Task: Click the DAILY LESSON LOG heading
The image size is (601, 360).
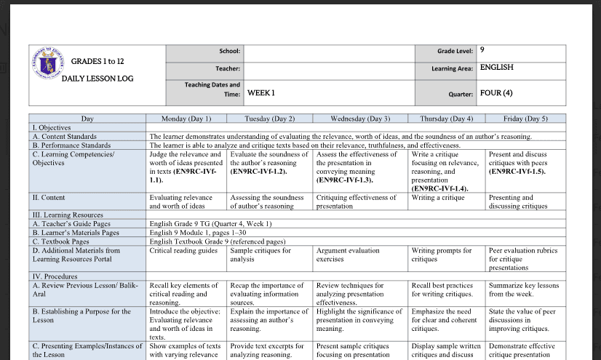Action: pos(97,79)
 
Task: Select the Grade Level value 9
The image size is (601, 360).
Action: pos(482,49)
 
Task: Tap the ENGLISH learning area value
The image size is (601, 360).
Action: pos(496,67)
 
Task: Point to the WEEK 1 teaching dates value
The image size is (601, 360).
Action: pos(261,93)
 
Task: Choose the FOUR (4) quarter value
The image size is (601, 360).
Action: pos(496,93)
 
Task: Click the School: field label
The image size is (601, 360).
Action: pos(229,51)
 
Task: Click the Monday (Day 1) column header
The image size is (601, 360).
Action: pos(186,119)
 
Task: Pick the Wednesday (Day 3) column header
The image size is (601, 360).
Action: pos(359,119)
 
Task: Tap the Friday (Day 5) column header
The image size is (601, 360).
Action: pos(525,119)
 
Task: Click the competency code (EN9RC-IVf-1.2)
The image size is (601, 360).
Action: pos(258,172)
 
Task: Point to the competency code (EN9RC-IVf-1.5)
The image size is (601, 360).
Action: pos(519,172)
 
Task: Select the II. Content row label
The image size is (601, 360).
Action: pos(49,198)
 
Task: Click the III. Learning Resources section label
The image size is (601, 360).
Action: pos(68,215)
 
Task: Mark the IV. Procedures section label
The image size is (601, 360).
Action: pos(55,276)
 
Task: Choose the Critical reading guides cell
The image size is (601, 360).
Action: pos(183,250)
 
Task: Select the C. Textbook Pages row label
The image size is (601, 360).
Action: pos(60,241)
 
